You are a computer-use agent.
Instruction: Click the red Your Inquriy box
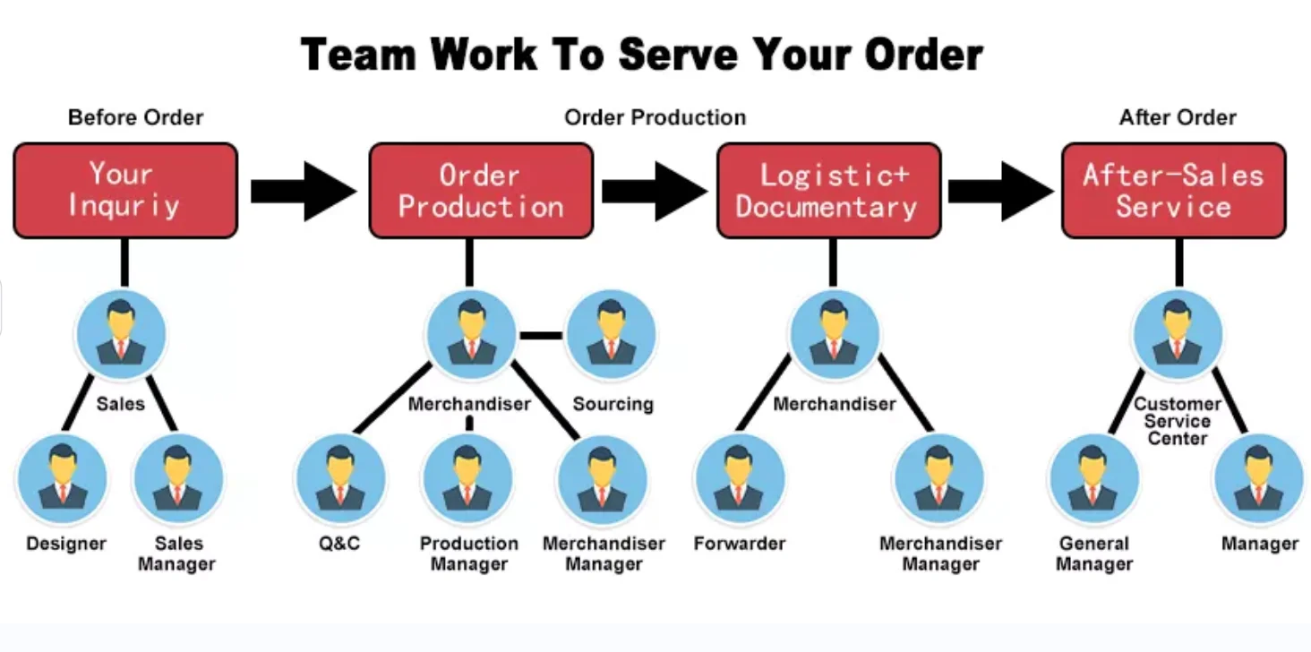[125, 190]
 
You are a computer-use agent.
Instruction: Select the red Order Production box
[481, 190]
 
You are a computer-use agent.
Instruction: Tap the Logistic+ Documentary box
[828, 190]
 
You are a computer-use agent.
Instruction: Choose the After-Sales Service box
[1173, 190]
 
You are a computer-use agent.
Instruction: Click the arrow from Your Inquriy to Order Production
[304, 190]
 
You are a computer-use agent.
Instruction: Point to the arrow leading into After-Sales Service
[1000, 190]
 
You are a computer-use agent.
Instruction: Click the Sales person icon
[120, 332]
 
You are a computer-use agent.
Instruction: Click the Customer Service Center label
[1178, 421]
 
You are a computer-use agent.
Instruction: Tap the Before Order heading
[135, 117]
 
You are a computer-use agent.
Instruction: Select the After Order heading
[1177, 117]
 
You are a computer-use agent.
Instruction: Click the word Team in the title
[359, 56]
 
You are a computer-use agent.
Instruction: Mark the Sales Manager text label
[177, 553]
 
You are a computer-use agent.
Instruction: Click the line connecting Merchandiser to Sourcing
[541, 336]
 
